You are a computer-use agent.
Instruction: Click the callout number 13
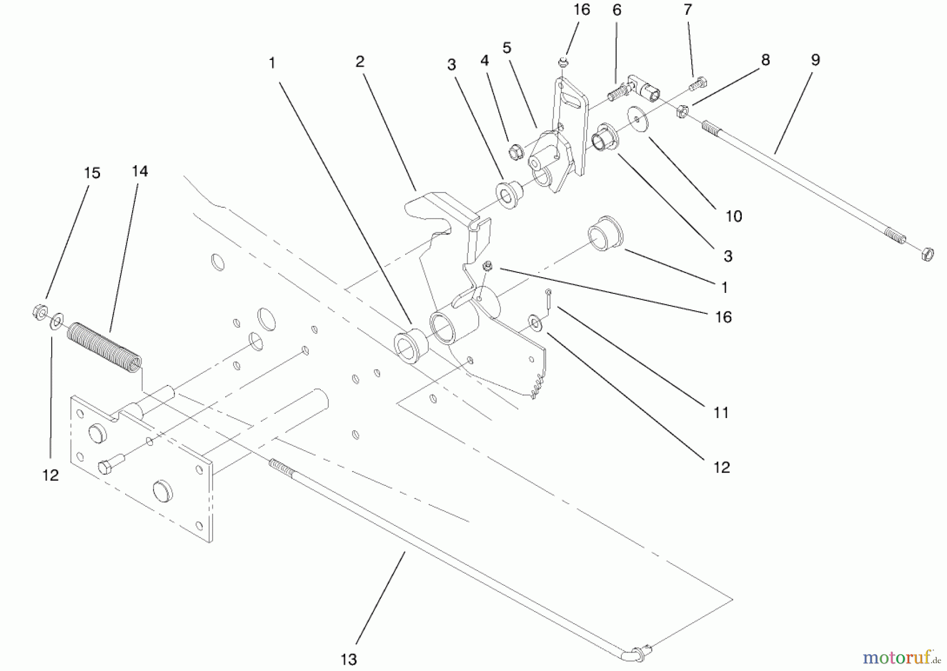[x=348, y=659]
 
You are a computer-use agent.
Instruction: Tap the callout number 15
[x=92, y=173]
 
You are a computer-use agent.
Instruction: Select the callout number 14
[x=140, y=171]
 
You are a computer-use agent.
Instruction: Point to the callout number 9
[x=815, y=60]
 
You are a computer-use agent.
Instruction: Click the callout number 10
[x=733, y=216]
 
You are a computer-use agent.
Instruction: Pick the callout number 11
[x=721, y=413]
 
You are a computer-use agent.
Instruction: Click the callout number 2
[x=359, y=62]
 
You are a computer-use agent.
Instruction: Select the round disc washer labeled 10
[x=637, y=119]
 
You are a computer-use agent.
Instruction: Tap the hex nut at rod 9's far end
[x=928, y=255]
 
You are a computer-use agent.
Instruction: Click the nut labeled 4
[x=515, y=152]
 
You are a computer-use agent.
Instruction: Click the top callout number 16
[x=582, y=10]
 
